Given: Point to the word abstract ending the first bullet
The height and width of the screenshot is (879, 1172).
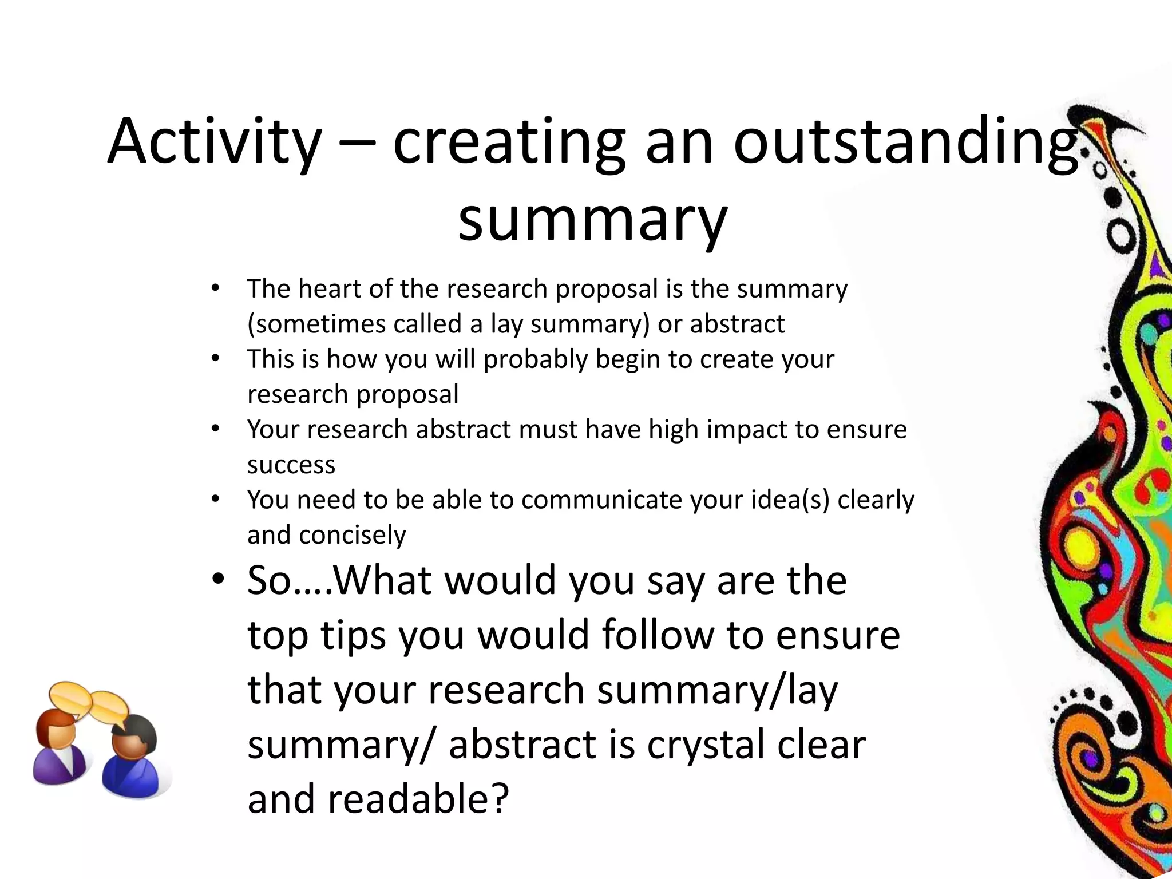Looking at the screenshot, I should (x=737, y=324).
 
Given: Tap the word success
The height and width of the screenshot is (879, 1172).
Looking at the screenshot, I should (x=291, y=464).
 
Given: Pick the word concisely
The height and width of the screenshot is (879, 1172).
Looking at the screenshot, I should (x=352, y=535).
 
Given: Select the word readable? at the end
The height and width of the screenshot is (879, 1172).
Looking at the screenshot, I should (x=418, y=799).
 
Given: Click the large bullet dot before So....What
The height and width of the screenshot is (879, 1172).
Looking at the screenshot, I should (x=217, y=579).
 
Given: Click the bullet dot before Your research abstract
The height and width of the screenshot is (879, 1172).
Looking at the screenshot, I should (x=215, y=429).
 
